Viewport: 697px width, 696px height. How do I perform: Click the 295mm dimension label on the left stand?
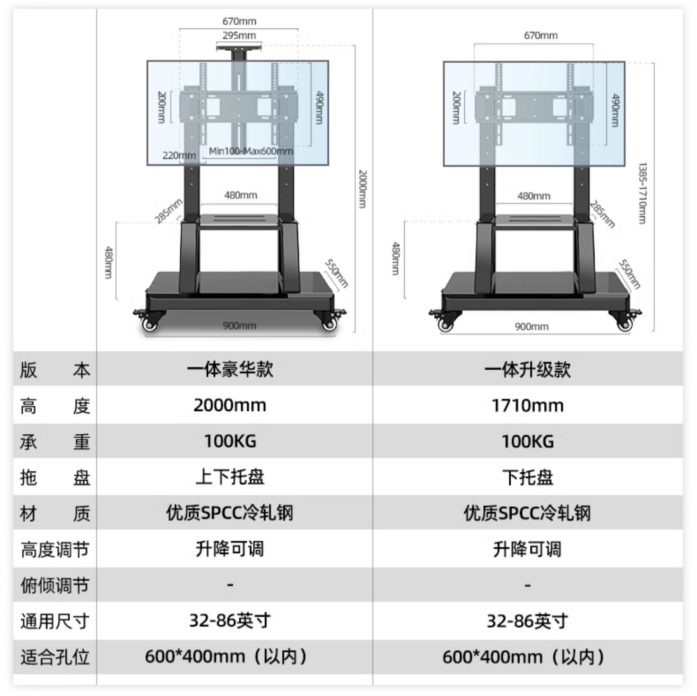239,35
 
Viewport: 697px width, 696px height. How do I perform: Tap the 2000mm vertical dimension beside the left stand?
363,189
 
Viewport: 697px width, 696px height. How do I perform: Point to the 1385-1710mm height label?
643,193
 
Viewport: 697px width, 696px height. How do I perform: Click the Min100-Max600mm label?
250,151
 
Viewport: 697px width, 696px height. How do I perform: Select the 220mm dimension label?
179,155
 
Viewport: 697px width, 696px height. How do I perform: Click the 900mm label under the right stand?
532,326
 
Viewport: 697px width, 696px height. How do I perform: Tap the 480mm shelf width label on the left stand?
240,195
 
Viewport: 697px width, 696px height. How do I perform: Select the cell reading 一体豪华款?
230,370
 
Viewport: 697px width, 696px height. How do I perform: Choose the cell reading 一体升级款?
527,370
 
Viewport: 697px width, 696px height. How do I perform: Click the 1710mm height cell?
527,405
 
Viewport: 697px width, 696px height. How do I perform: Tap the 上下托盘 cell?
230,477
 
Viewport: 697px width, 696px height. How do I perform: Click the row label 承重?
55,442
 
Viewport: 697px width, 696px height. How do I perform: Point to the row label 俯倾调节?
55,585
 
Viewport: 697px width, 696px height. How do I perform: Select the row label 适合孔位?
55,657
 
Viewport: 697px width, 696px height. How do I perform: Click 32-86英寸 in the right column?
527,621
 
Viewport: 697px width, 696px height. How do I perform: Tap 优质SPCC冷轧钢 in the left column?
230,513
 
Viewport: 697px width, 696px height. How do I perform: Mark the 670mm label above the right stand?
540,35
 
